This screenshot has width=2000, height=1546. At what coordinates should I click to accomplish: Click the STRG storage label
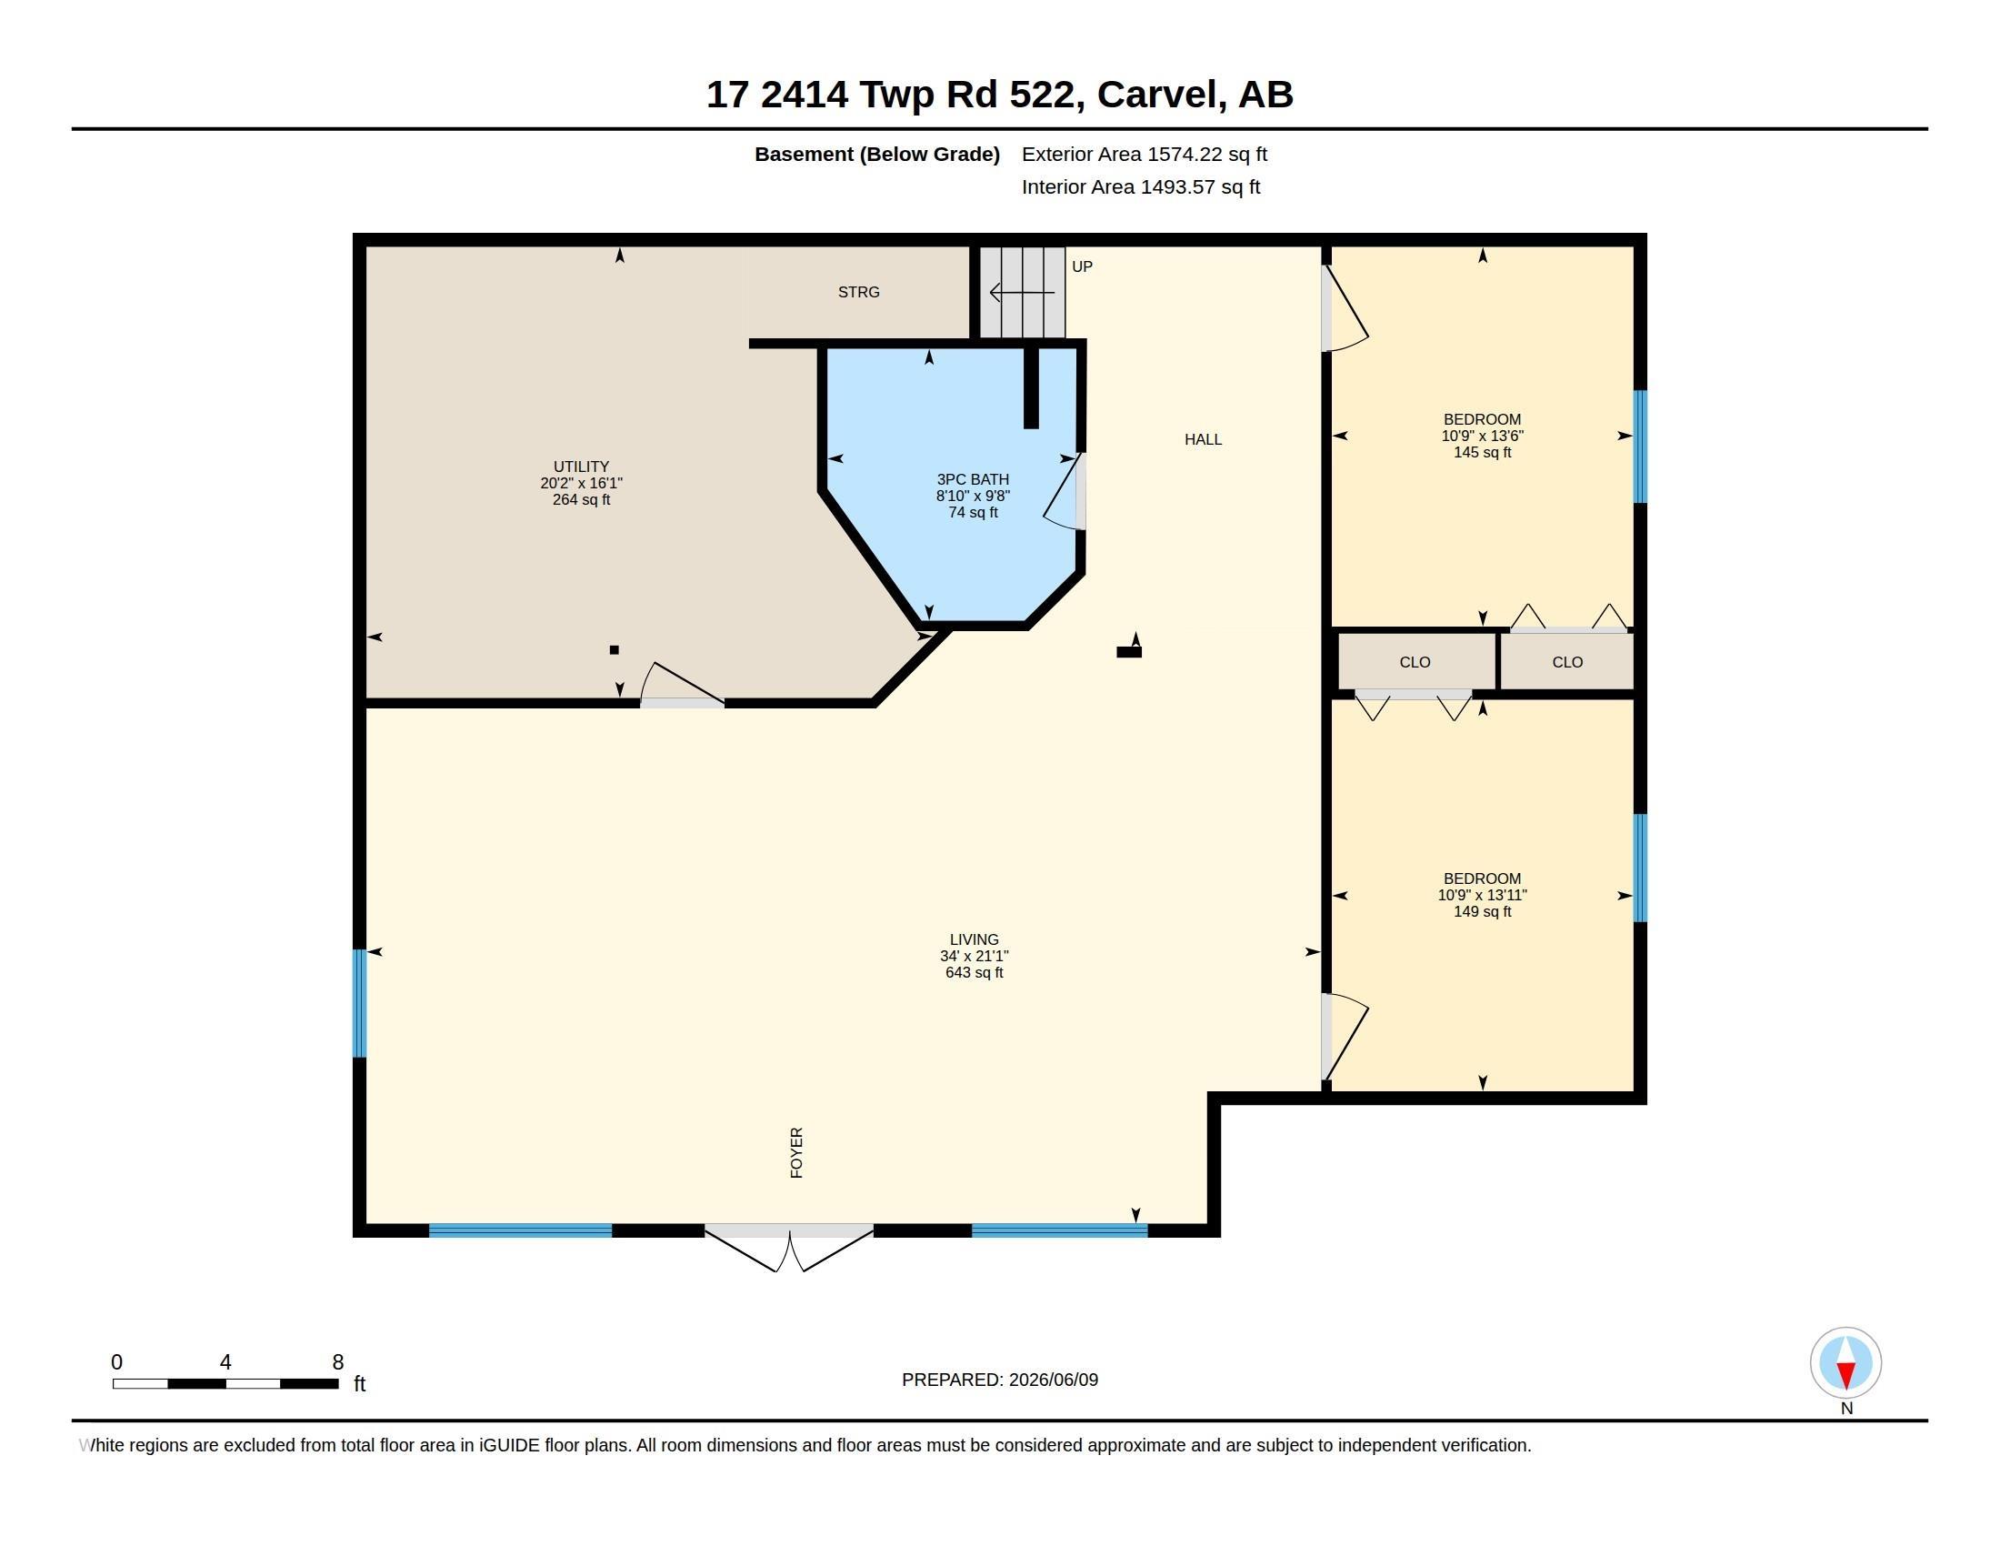pos(858,292)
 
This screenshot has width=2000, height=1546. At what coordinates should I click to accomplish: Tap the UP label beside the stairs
pos(1082,266)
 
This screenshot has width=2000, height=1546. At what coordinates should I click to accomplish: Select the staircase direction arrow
pos(1022,293)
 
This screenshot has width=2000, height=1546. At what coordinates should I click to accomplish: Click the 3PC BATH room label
pos(973,479)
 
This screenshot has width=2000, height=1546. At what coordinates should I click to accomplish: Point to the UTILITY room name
pos(581,467)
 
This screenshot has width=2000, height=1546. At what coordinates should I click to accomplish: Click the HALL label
pos(1203,439)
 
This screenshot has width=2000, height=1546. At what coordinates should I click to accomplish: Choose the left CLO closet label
pos(1415,662)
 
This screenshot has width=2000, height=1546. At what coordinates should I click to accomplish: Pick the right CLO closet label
pos(1567,662)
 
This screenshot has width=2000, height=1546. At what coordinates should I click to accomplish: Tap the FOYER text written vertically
pos(796,1152)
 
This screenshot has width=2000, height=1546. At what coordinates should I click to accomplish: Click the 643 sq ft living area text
pos(975,973)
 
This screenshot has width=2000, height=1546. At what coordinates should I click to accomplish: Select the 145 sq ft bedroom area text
pos(1482,453)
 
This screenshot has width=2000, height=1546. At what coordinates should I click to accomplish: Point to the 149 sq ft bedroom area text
pos(1482,911)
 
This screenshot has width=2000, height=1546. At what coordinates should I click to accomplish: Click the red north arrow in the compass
pos(1846,1374)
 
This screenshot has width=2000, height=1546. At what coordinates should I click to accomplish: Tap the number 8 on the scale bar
pos(338,1362)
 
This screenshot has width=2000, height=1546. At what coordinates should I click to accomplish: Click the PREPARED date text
pos(999,1380)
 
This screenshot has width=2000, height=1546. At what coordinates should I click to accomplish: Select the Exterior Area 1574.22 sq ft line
pos(1144,154)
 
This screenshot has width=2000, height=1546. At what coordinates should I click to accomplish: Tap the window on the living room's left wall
pos(360,1004)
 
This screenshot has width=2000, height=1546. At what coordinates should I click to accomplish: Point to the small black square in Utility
pos(615,650)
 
